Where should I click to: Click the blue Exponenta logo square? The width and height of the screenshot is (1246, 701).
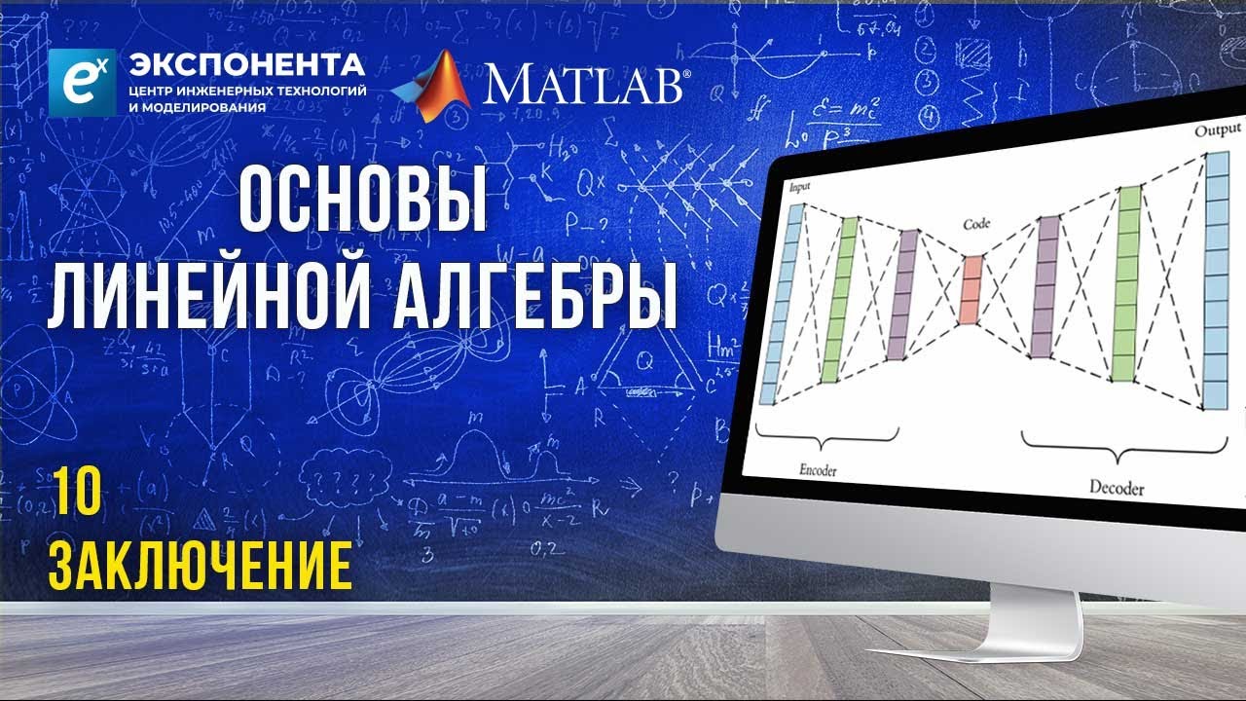82,83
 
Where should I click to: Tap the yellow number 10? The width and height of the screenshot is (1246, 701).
74,496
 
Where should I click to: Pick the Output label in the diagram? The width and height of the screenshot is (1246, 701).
1217,130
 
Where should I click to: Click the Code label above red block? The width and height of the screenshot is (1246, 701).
976,224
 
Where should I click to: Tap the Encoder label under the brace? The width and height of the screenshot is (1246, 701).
817,469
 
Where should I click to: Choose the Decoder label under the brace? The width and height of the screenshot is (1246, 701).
1116,487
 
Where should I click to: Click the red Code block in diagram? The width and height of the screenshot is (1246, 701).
970,289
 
